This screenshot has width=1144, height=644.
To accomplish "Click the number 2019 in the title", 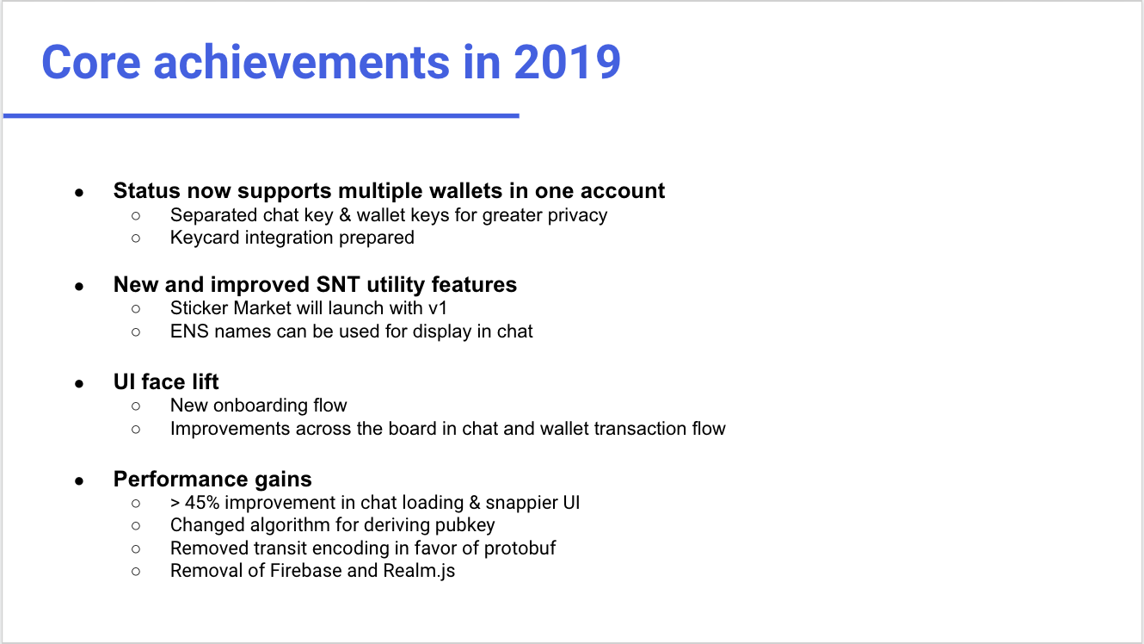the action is coord(567,62).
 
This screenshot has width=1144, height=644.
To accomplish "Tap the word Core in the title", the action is coord(91,62).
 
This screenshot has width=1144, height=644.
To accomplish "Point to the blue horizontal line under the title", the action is coord(261,116).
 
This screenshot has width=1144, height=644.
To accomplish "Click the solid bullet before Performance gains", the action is coord(79,481).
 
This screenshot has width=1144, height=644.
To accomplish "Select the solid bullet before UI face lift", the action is coord(79,384).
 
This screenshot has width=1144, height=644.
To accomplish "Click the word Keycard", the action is coord(205,238).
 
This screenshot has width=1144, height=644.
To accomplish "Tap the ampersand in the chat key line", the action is coord(345,215).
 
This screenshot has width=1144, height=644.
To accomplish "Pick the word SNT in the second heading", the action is coord(338,285).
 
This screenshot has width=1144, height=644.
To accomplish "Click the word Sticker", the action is coord(200,308).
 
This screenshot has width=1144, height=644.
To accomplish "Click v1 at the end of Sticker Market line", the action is coord(437,309).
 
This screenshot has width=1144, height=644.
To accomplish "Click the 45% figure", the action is coord(202,503).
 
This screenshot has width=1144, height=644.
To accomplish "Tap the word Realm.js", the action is coord(419,572).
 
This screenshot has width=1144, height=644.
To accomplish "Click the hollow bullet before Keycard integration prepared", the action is coord(136,238).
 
